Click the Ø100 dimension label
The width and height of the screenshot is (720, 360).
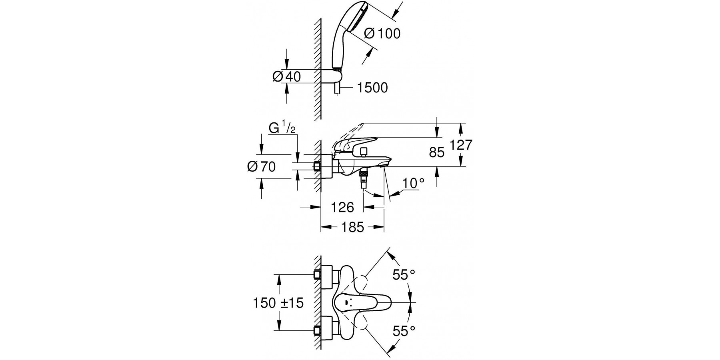(x=382, y=34)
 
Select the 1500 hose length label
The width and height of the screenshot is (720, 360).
(x=372, y=88)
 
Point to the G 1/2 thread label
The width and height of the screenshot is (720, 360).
(x=282, y=129)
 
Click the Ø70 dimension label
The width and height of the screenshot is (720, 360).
(x=261, y=166)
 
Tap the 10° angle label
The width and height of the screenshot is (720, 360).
(x=413, y=183)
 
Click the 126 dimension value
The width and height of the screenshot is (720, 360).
(x=343, y=207)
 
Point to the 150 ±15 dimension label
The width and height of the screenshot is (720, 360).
(x=278, y=303)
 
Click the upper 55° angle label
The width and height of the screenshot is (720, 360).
(x=404, y=275)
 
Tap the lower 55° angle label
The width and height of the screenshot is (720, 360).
(x=404, y=331)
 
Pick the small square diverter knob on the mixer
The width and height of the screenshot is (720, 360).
(x=364, y=152)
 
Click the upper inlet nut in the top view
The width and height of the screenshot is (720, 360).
(x=318, y=275)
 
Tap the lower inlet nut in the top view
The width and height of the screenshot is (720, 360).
(x=318, y=330)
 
